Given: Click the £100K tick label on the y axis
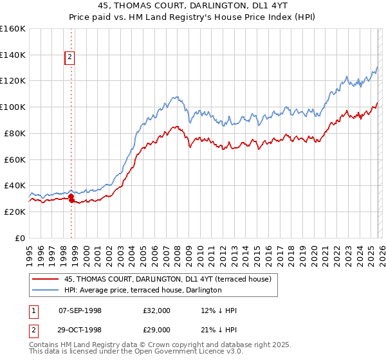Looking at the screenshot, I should pyautogui.click(x=13, y=107).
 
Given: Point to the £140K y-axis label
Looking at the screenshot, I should pyautogui.click(x=13, y=55).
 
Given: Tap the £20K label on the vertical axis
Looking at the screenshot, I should pyautogui.click(x=15, y=212).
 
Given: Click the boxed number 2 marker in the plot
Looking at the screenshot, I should pyautogui.click(x=69, y=58).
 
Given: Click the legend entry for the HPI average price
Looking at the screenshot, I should pyautogui.click(x=142, y=290).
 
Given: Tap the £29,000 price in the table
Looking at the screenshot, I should pyautogui.click(x=157, y=330).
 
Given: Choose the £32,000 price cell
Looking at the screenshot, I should pyautogui.click(x=157, y=310).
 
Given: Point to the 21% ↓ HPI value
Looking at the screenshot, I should pyautogui.click(x=219, y=330).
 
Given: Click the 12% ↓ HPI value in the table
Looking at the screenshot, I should pyautogui.click(x=219, y=310).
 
